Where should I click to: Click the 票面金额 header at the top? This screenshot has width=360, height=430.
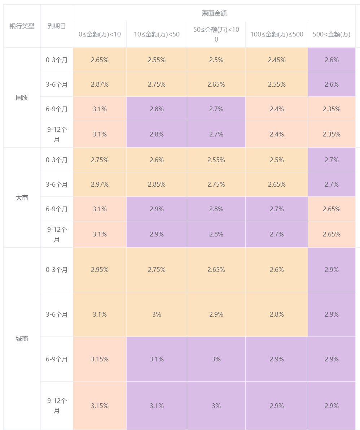(x=214, y=13)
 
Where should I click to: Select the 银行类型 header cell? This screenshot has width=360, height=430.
(x=22, y=26)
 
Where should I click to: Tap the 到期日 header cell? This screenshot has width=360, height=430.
(x=57, y=26)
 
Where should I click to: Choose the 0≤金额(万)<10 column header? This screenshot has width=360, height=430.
(x=100, y=34)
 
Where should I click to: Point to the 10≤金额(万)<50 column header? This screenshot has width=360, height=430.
(x=157, y=34)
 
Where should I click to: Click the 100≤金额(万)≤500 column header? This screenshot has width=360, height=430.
(x=277, y=34)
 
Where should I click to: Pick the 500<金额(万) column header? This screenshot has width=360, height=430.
(x=332, y=34)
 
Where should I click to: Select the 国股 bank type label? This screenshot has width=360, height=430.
(x=22, y=97)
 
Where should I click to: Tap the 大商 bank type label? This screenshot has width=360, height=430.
(x=22, y=197)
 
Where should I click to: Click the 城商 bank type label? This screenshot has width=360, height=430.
(x=22, y=339)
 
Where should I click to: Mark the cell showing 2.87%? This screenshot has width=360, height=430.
(x=100, y=84)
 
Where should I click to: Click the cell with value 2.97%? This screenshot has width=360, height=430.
(x=100, y=184)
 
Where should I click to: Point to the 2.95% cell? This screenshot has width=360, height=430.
(x=100, y=270)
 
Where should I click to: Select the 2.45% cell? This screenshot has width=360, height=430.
(x=277, y=60)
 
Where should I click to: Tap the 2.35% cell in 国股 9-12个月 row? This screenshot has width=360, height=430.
(x=332, y=134)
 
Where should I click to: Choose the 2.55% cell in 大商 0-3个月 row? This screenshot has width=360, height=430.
(x=216, y=160)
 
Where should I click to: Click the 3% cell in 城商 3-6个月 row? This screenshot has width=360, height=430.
(x=157, y=314)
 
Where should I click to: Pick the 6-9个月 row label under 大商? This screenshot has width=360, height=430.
(x=57, y=209)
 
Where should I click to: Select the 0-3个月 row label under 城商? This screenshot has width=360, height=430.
(x=57, y=270)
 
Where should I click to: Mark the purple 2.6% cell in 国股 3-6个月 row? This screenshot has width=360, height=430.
(x=332, y=84)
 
